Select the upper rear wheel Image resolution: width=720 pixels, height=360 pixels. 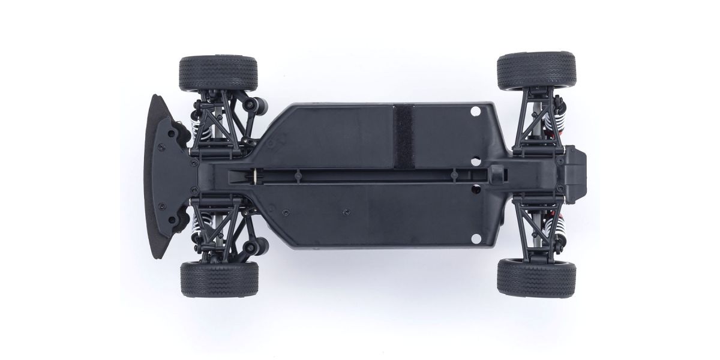(x=536, y=71)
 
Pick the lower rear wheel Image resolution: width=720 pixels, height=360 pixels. (x=536, y=277)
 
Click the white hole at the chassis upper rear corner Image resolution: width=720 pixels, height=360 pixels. (x=476, y=112)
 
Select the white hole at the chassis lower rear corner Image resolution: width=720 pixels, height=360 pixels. (x=476, y=236)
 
